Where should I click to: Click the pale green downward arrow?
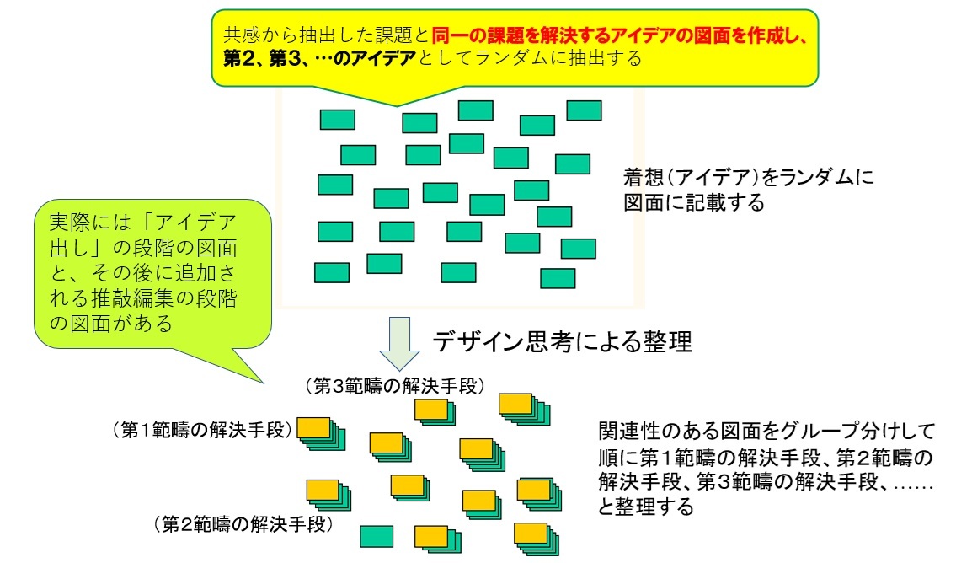click(x=400, y=344)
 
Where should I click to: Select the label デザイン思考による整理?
click(x=562, y=341)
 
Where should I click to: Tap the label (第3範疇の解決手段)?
click(x=395, y=386)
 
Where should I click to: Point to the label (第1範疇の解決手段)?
click(x=202, y=430)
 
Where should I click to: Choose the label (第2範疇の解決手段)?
click(x=243, y=524)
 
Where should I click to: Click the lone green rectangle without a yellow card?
click(x=377, y=536)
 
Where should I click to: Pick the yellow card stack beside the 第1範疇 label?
click(x=321, y=433)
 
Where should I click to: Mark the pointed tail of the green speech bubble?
click(x=264, y=383)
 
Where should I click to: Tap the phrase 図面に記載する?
click(x=694, y=203)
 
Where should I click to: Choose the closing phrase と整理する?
click(x=646, y=507)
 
